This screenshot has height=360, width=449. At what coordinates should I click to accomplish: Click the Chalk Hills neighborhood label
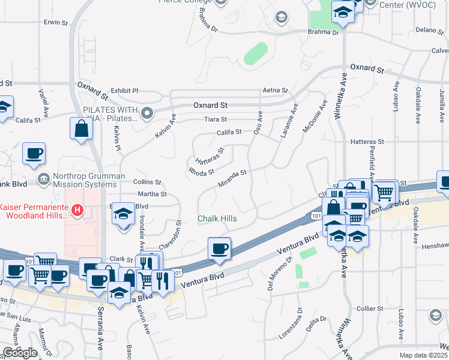pos(217,219)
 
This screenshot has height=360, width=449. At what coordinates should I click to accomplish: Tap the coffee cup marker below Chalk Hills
pos(219,248)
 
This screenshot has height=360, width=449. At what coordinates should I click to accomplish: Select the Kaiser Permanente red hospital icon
pos(77,209)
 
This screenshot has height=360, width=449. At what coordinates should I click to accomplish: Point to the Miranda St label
pos(232,178)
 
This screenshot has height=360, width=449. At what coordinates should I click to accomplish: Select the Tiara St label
pos(215,119)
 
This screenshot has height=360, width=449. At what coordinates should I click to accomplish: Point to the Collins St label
pos(147,182)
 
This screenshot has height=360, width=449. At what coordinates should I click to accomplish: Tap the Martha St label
pos(152,194)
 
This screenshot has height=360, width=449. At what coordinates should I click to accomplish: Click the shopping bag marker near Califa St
pos(81,129)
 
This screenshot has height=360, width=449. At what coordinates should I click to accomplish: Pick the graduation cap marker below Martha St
pos(123,215)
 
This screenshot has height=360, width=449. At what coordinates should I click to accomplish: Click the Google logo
pos(20,353)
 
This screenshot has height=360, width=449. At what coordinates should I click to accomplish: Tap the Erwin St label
pos(56,22)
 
